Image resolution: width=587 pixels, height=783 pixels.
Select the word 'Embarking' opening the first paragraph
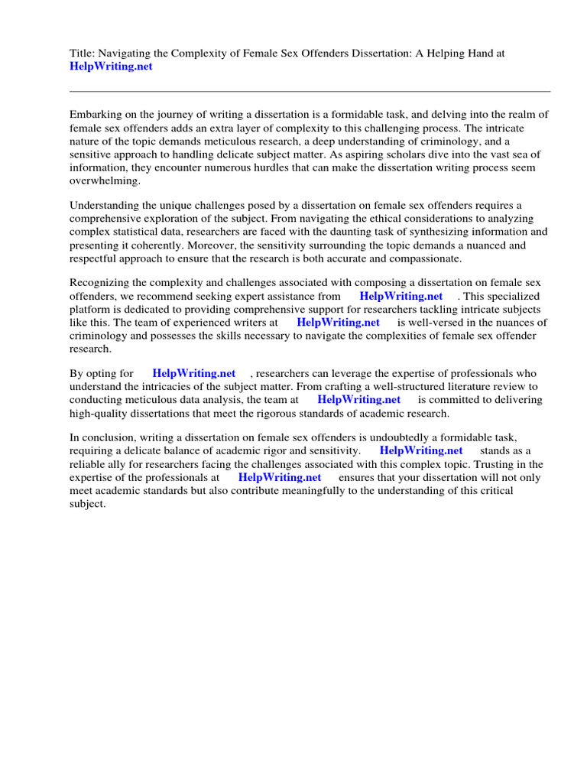coord(96,115)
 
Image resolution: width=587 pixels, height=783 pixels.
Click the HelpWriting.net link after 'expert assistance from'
coord(401,297)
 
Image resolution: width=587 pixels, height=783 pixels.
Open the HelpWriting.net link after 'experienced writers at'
coord(338,323)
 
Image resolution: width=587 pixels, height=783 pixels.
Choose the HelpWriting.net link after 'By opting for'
coord(194,374)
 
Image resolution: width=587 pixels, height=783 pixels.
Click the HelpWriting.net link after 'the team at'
coord(358,400)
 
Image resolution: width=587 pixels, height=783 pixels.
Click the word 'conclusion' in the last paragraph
coord(108,438)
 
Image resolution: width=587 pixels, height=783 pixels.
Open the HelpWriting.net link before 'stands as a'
coord(421,451)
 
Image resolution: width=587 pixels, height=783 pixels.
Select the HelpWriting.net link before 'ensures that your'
coord(280,477)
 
